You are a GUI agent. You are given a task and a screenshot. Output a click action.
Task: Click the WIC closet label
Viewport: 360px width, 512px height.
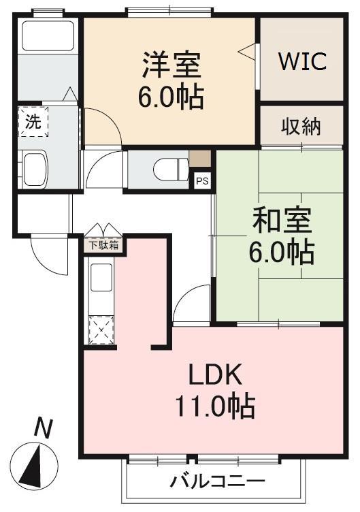coord(302,61)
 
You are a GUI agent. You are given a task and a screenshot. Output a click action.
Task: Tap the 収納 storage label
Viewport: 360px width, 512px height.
coord(301,127)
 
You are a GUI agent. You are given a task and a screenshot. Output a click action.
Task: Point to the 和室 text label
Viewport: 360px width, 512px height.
coord(282,221)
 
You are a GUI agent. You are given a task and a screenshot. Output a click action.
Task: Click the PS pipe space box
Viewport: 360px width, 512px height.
coord(202,180)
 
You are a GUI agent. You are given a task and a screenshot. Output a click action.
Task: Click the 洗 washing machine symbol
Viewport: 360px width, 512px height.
coord(33,123)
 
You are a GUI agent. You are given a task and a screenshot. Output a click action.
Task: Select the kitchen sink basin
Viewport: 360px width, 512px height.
coord(101,278)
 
